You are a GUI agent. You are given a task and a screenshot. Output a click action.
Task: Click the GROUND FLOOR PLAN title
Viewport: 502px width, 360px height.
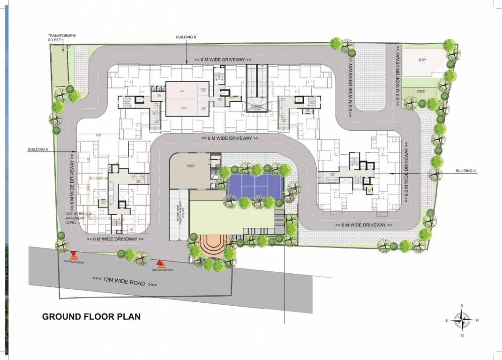point(91,316)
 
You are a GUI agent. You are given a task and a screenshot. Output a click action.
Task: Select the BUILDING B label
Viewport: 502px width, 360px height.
point(186,37)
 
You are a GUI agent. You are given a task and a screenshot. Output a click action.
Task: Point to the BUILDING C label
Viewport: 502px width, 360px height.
point(465,171)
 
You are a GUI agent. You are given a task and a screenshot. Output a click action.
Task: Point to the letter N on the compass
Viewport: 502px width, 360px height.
point(462,335)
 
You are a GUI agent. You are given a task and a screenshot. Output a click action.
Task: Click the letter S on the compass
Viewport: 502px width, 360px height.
point(462,306)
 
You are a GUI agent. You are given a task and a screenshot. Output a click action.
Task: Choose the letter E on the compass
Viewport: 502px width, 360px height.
point(447,321)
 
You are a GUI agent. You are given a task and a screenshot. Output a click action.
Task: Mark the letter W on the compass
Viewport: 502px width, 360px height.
point(477,321)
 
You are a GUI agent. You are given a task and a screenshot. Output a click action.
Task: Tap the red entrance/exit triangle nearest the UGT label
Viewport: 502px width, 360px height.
point(74,255)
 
